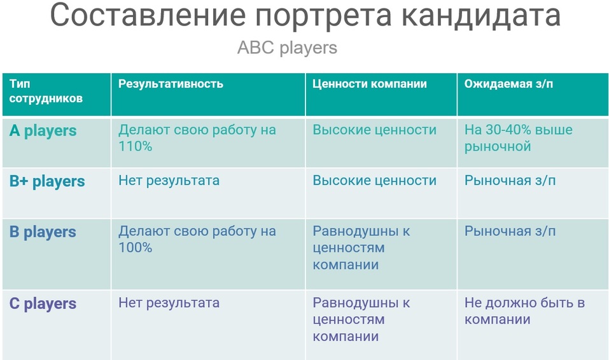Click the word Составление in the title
tap(148, 15)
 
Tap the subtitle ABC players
tap(287, 48)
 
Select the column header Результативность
tap(171, 84)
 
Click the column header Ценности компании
tap(369, 83)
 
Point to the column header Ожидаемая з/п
tap(508, 83)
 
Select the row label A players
tap(43, 131)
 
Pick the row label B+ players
tap(47, 181)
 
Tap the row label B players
tap(43, 232)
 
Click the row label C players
tap(43, 303)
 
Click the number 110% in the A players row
tap(135, 146)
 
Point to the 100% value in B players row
tap(135, 248)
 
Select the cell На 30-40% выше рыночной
tap(519, 138)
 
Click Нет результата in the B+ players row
tap(169, 181)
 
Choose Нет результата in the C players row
tap(169, 303)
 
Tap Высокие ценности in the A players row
tap(374, 130)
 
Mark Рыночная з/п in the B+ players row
tap(510, 181)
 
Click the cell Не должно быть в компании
tap(525, 310)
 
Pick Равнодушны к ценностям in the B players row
tap(361, 240)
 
